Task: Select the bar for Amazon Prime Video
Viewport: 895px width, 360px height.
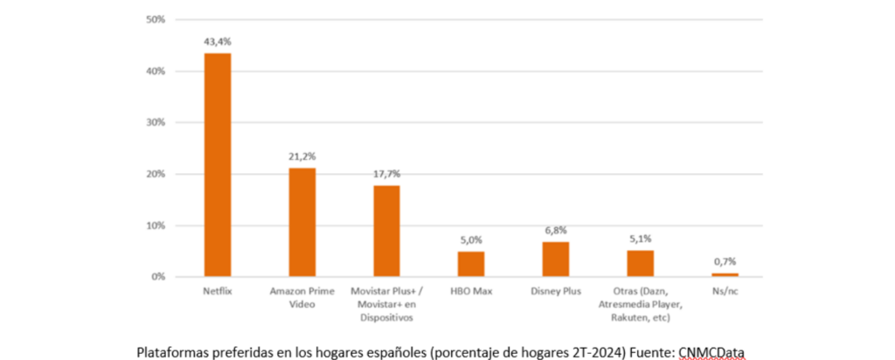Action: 302,222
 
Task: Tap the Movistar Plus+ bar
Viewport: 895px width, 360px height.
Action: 387,231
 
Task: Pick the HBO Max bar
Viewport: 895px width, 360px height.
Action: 471,264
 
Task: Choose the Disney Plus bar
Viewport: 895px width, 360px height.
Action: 556,259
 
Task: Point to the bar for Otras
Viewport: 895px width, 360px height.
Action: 640,263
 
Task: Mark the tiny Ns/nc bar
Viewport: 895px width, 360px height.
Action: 725,274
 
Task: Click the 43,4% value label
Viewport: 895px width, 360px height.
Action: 218,41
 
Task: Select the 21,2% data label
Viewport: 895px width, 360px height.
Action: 302,156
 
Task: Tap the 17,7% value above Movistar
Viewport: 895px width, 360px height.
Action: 387,174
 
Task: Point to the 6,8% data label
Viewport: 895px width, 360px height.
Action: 556,230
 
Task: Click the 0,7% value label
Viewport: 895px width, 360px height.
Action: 725,261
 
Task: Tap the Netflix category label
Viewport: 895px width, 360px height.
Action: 218,291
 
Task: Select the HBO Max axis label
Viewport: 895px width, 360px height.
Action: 471,291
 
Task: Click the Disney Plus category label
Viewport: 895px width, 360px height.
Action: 556,291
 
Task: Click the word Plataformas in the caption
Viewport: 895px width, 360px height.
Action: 171,351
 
